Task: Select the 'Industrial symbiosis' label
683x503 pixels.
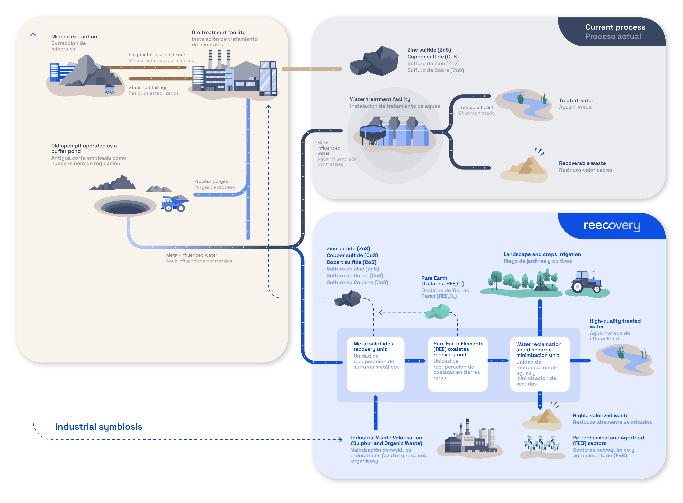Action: click(x=99, y=427)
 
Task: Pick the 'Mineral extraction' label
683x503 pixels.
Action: click(x=74, y=37)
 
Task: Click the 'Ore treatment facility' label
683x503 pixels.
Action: click(x=218, y=32)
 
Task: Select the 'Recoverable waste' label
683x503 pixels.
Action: click(x=582, y=163)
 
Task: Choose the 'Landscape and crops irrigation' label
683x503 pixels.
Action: click(x=542, y=254)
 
